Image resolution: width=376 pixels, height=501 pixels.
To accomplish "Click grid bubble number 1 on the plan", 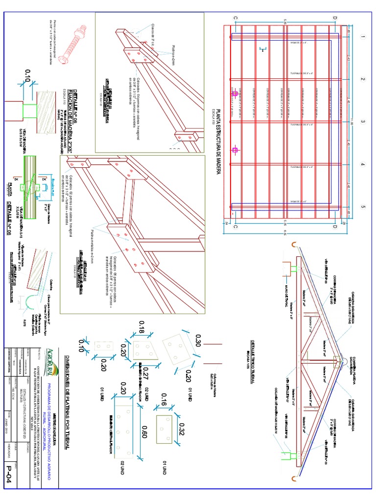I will click(363, 37).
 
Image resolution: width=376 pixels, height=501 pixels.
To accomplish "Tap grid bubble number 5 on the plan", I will click(363, 207).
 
